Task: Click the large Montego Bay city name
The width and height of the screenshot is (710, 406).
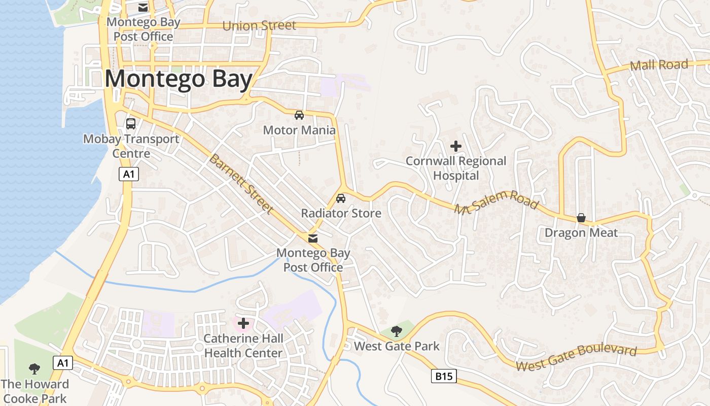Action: (179, 80)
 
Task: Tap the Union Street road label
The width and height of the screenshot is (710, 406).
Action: (259, 25)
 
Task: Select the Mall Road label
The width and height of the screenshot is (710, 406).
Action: (659, 65)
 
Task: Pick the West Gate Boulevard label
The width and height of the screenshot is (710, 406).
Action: (576, 358)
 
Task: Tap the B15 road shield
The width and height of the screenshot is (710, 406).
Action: (444, 376)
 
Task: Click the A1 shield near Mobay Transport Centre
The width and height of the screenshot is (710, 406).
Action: (129, 174)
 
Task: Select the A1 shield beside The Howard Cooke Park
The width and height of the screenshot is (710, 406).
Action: (63, 363)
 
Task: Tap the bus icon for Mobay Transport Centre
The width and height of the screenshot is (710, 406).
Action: (131, 123)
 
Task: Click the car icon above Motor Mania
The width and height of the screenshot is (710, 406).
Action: (299, 115)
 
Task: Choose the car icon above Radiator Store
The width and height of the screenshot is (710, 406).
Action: (341, 198)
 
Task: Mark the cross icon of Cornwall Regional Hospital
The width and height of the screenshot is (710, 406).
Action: (456, 146)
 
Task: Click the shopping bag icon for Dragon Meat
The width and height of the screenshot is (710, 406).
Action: (581, 218)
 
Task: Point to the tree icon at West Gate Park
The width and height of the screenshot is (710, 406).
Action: (397, 331)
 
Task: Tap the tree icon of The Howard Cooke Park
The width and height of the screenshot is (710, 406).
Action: (34, 369)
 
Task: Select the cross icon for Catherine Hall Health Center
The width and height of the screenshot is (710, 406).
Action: (243, 323)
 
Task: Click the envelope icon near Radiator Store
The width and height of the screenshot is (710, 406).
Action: (313, 238)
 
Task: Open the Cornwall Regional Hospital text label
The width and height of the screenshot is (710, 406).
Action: (456, 168)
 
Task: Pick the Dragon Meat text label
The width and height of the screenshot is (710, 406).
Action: (581, 233)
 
